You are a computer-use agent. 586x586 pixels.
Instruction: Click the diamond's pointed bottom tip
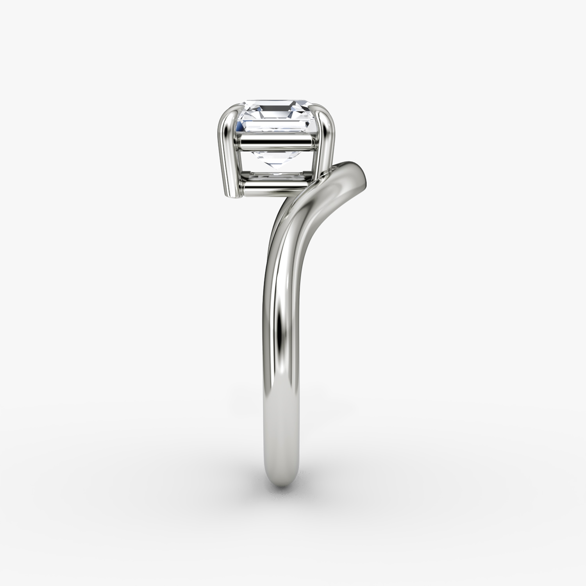278,170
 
